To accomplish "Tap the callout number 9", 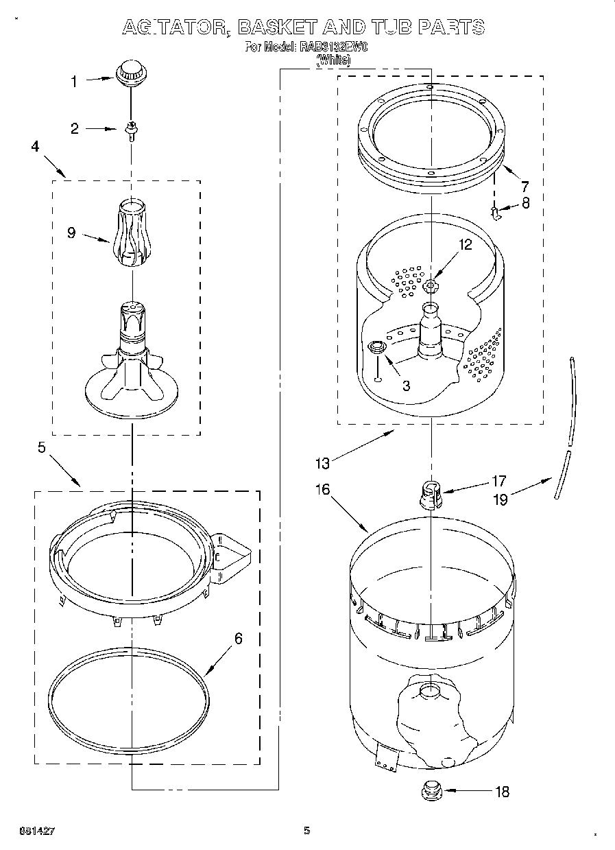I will click(71, 233).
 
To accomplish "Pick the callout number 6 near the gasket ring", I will click(238, 639).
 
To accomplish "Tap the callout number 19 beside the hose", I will click(501, 499).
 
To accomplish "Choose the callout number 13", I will click(323, 463).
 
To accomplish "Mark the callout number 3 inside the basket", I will click(406, 386).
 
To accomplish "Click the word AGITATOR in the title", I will click(174, 27).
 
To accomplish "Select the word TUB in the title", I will click(387, 27).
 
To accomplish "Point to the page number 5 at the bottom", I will click(307, 831).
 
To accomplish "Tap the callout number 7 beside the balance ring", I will click(524, 185).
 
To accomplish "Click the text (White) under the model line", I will click(333, 60).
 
